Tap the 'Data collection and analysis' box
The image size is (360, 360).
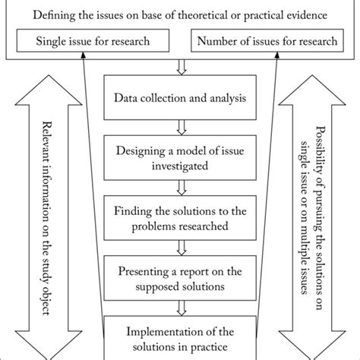point(179,98)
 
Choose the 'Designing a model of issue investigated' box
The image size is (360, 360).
point(179,156)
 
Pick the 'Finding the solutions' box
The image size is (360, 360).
point(179,215)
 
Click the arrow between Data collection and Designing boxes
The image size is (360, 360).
point(180,124)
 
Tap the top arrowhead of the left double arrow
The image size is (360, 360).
point(46,87)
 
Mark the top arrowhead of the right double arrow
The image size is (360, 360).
point(311,87)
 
